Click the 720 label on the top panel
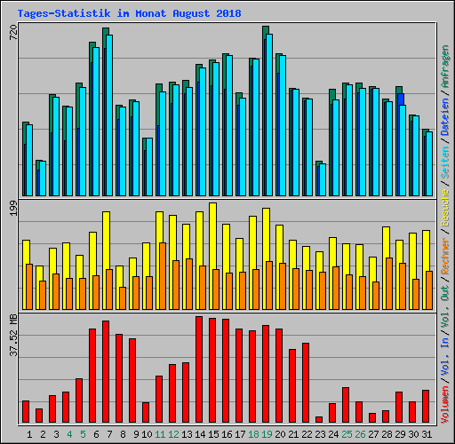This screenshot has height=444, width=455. point(12,33)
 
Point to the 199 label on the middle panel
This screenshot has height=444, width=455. point(12,210)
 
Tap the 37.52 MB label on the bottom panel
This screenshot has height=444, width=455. point(12,336)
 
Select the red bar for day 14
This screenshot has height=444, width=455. point(199,369)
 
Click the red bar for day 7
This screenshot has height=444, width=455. point(106,371)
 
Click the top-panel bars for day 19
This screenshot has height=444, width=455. point(267,111)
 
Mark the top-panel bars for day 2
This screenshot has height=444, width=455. point(40,178)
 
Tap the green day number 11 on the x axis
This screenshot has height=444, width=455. point(159,434)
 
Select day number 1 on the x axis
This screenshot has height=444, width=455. point(29,434)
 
